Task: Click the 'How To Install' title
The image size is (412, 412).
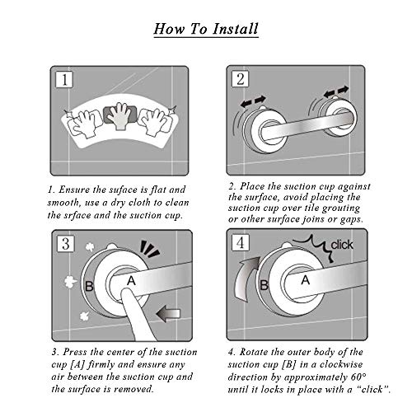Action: (x=206, y=29)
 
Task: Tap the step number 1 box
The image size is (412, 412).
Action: (x=64, y=79)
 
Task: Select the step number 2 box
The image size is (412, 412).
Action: (x=241, y=79)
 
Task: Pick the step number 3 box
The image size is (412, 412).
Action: (x=66, y=243)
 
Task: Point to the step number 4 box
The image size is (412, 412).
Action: (x=241, y=242)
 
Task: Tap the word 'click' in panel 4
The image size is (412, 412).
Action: (x=342, y=245)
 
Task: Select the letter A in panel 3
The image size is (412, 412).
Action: (x=131, y=281)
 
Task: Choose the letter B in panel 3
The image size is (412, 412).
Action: (x=89, y=286)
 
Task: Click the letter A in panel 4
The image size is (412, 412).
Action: (x=306, y=280)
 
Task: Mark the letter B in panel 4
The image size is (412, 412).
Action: (x=264, y=285)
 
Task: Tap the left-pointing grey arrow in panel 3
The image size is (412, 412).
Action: (x=168, y=314)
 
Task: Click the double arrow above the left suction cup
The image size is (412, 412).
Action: (x=253, y=101)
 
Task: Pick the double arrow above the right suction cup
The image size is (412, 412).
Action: (x=336, y=91)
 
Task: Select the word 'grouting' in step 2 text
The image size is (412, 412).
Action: (x=341, y=208)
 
